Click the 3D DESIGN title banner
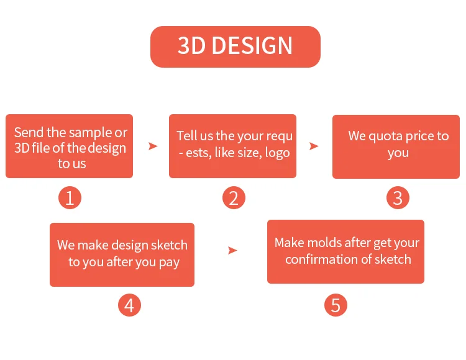click(x=235, y=47)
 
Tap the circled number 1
click(x=70, y=197)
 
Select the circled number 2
click(x=234, y=197)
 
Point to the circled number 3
click(x=398, y=197)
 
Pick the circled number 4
click(x=129, y=305)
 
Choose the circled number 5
click(x=336, y=305)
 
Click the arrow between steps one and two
click(x=153, y=146)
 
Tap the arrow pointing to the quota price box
click(x=314, y=146)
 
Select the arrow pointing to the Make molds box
click(x=232, y=250)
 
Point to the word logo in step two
click(x=277, y=153)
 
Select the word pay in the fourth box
click(x=169, y=263)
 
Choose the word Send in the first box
click(x=29, y=132)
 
